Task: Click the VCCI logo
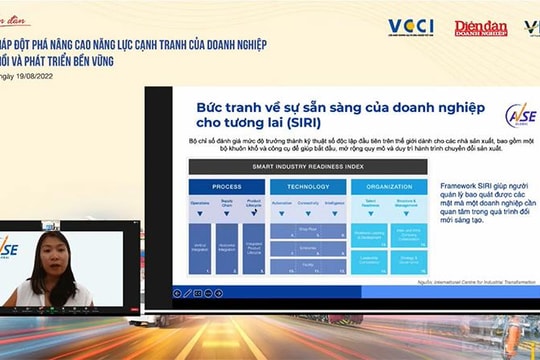tap(410, 27)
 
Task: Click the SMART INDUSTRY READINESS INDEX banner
tap(307, 166)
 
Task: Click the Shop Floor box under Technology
tap(308, 229)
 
